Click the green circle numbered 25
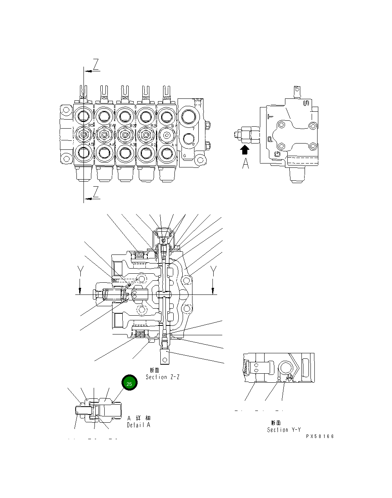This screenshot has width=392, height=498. coord(129,383)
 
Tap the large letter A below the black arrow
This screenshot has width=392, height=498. coord(245,164)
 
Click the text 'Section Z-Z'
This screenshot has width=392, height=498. coord(162,377)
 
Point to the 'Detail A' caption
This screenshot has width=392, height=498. coord(138,425)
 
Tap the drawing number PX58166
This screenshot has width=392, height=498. coord(320,436)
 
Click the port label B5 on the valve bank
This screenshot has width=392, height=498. coord(91,125)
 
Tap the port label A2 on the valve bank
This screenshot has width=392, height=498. coord(154,145)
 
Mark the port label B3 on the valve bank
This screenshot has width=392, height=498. coord(133,125)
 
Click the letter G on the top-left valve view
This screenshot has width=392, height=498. coord(185,156)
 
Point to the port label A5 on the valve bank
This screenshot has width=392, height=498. coord(91,145)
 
